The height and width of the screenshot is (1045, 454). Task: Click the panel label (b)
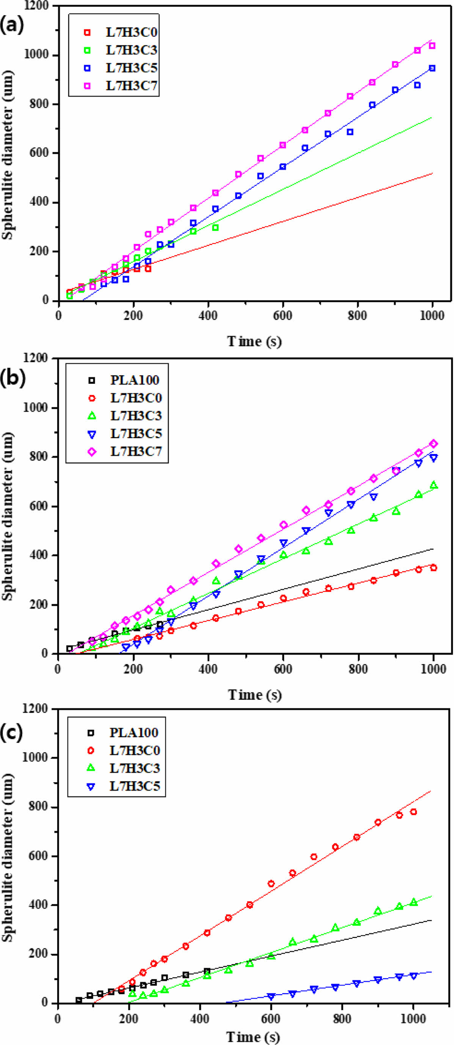click(13, 377)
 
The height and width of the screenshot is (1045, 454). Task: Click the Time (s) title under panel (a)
click(254, 341)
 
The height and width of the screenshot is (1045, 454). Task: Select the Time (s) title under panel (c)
click(253, 1037)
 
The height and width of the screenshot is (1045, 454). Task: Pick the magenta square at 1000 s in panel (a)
click(432, 46)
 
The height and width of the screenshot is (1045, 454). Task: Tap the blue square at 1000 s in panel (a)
click(432, 68)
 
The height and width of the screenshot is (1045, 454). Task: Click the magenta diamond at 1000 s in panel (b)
click(433, 444)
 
